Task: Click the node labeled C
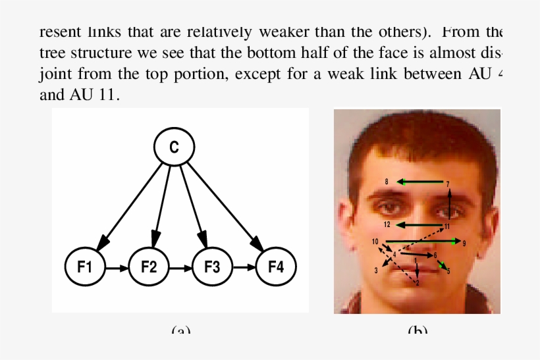coord(174,147)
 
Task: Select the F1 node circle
coord(85,267)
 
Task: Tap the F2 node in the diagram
coord(149,267)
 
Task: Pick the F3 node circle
coord(212,267)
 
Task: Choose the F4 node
coord(275,267)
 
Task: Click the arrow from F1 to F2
coord(117,268)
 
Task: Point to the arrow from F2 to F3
coord(180,268)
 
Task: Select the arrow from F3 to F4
coord(244,268)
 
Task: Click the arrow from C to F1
coord(132,204)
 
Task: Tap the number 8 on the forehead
coord(387,181)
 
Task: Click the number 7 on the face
coord(448,184)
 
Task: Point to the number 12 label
coord(387,224)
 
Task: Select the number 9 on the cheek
coord(464,243)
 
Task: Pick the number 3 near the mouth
coord(376,270)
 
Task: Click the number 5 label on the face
coord(448,270)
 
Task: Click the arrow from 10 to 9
coord(421,242)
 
